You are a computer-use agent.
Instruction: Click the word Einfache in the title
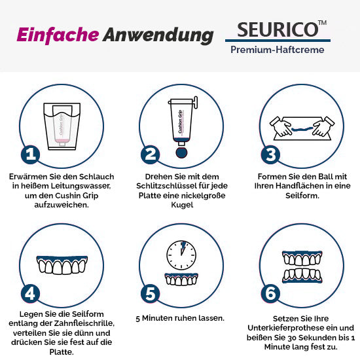point(58,35)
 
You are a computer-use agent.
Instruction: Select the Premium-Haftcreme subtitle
point(278,50)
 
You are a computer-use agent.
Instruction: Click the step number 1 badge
point(31,154)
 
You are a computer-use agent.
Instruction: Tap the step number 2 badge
point(151,154)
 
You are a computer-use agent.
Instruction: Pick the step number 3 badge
point(270,154)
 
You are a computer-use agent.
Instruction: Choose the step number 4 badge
point(31,294)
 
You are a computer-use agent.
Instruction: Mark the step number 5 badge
point(151,294)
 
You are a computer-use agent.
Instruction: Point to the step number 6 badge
point(270,294)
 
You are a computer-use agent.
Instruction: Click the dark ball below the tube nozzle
point(181,153)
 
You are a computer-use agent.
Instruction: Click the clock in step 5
point(181,255)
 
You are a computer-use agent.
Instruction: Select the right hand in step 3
point(324,127)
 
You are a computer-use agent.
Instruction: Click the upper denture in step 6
point(302,259)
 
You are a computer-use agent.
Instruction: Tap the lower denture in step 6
point(302,276)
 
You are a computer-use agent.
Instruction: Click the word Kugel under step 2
point(182,205)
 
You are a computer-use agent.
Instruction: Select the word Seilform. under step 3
point(302,196)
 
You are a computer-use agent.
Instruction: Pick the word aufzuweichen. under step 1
point(62,205)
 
